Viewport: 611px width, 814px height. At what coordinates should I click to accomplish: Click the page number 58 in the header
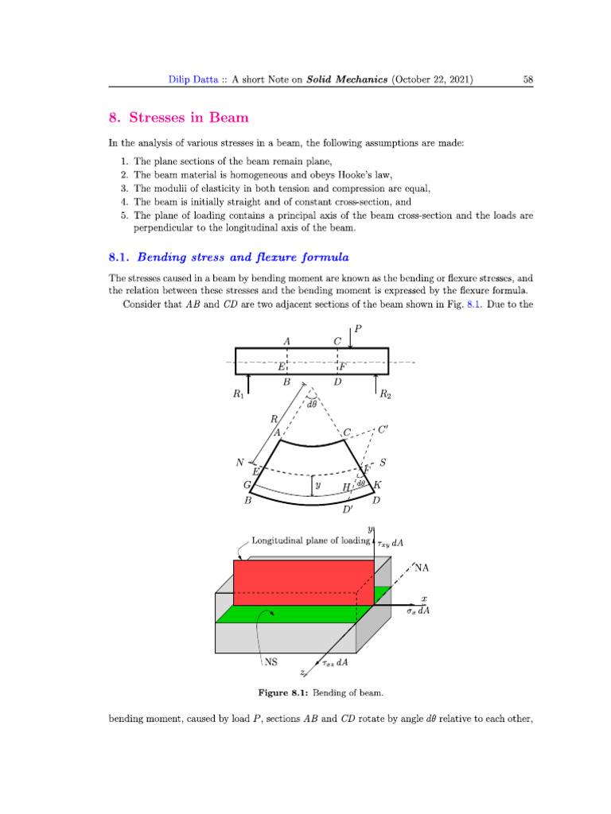527,79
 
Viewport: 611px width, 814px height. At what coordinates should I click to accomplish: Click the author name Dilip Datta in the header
182,79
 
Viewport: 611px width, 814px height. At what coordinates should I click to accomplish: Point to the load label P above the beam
357,328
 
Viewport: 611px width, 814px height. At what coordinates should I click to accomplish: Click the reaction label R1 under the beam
239,393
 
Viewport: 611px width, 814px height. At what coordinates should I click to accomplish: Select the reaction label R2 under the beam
385,393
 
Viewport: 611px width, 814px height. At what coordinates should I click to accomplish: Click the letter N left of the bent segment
239,463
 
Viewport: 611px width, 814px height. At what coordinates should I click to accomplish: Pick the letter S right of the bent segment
383,462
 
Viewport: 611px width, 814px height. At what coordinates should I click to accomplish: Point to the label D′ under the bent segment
348,510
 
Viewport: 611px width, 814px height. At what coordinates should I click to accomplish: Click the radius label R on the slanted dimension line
273,418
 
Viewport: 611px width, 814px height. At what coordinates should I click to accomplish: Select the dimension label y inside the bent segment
318,483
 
